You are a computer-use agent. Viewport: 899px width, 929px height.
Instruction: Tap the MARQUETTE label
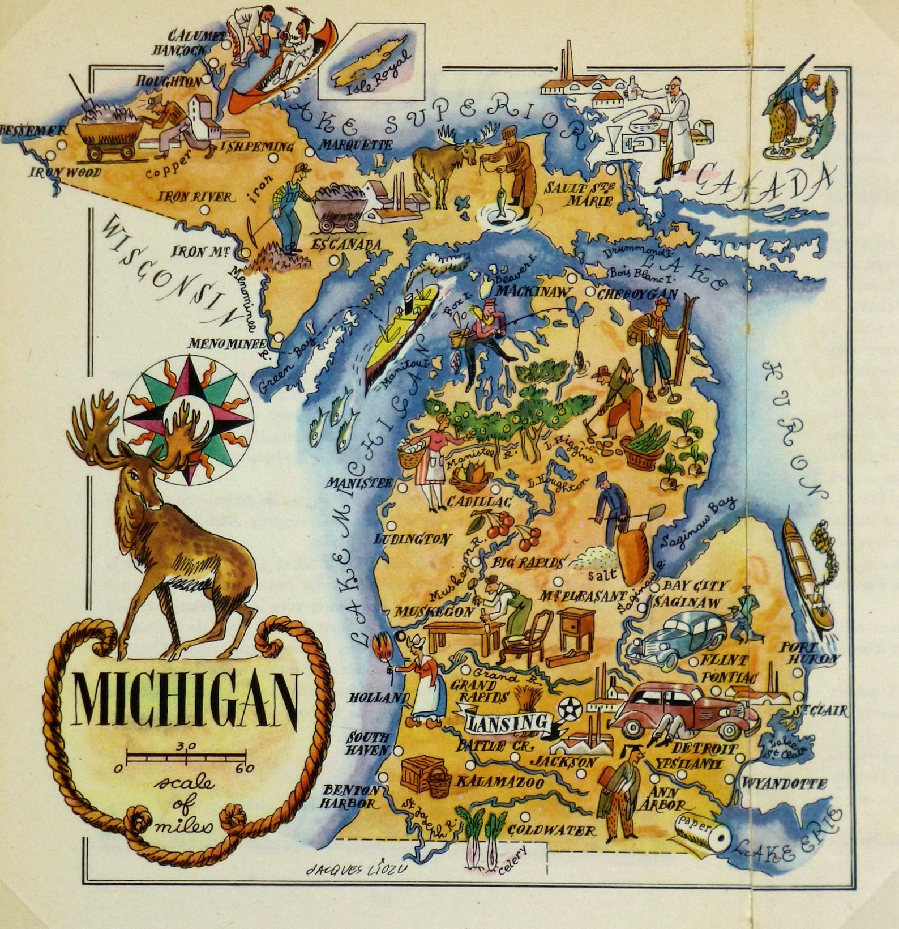356,145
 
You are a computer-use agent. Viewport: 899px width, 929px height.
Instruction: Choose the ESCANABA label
347,245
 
